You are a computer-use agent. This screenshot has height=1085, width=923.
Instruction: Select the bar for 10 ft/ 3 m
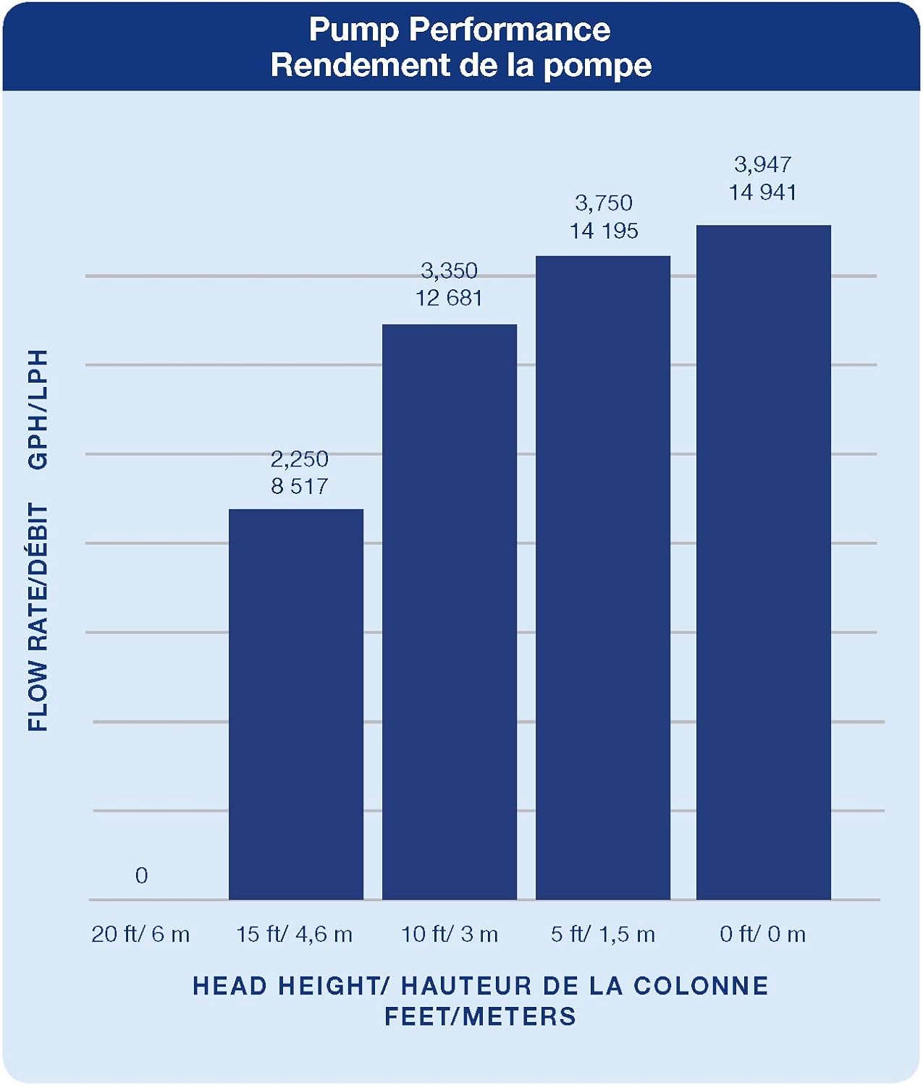point(450,612)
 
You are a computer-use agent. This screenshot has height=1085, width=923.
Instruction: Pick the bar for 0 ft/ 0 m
point(764,562)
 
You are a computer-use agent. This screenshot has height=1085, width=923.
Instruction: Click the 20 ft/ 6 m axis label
point(140,934)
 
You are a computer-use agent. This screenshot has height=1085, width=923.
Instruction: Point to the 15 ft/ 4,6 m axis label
point(294,934)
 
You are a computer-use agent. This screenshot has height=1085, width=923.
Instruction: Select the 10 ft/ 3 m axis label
point(450,934)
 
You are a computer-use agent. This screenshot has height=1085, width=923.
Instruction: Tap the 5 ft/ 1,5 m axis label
point(602,934)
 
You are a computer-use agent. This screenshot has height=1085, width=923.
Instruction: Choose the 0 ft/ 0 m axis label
point(762,934)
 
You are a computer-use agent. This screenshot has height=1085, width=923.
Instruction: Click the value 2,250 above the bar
point(299,459)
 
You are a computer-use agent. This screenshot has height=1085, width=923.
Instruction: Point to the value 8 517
point(299,486)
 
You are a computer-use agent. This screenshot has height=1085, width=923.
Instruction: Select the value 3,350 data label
point(449,271)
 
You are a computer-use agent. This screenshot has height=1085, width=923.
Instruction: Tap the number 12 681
point(449,298)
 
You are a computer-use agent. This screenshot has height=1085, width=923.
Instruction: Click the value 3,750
point(604,203)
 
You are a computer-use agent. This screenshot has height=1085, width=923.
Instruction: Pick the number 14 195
point(604,231)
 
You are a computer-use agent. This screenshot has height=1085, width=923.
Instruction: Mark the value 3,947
point(762,164)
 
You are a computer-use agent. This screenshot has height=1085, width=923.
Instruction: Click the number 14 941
point(762,192)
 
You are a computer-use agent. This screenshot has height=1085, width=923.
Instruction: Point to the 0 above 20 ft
point(141,875)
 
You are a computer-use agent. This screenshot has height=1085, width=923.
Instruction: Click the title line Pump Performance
point(460,30)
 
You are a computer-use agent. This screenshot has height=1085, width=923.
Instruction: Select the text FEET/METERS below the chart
point(480,1016)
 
